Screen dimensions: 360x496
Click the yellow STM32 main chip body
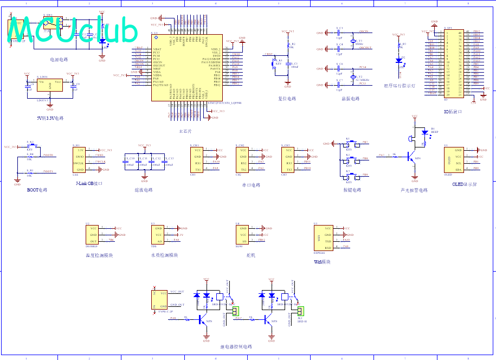(x=187, y=68)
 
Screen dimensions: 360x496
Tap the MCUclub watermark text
(x=73, y=30)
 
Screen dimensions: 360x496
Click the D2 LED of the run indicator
(x=400, y=60)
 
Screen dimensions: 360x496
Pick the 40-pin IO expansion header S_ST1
(x=454, y=64)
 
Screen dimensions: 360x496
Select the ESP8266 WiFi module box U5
(x=322, y=237)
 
